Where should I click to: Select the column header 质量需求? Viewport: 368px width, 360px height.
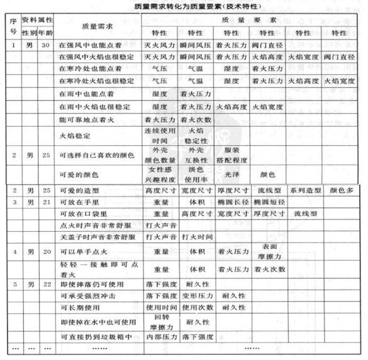click(89, 27)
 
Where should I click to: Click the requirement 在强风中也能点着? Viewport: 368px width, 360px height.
click(87, 45)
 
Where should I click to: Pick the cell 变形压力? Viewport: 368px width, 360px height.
click(195, 295)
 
